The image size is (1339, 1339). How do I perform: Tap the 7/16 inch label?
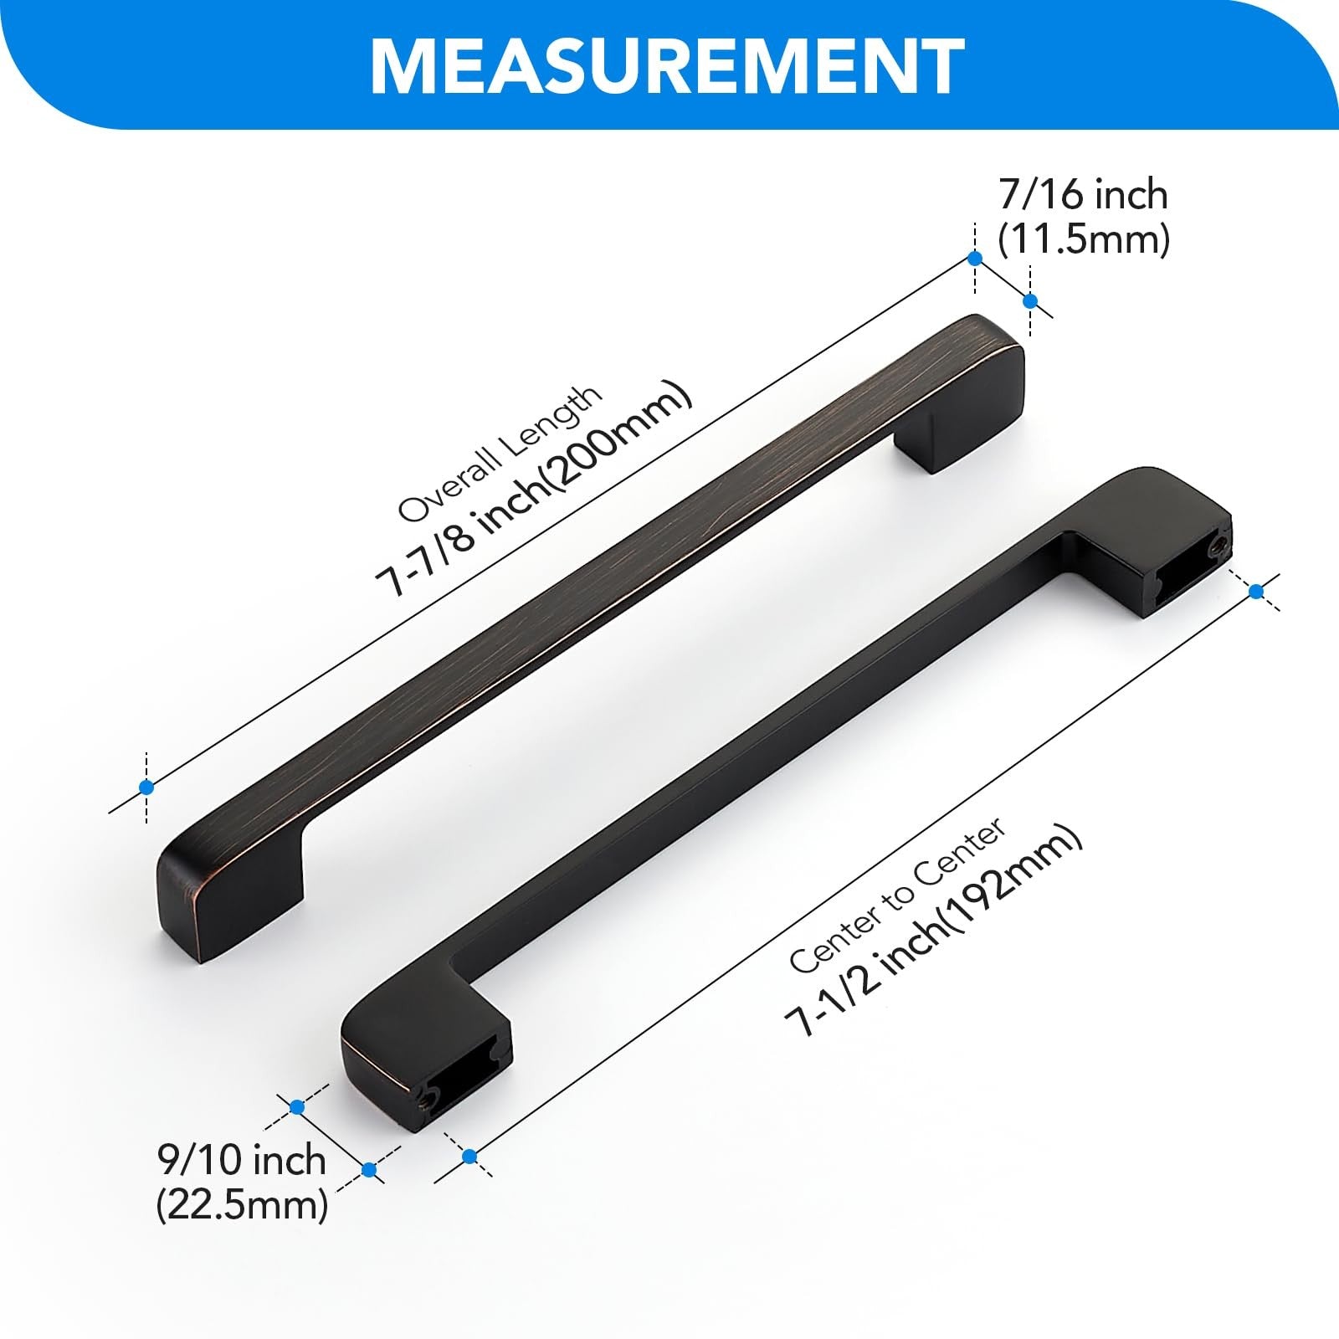pos(1084,195)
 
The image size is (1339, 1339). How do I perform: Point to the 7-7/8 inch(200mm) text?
pos(534,489)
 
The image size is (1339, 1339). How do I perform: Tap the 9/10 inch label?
pos(242,1160)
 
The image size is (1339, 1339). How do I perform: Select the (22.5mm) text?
pos(242,1205)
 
